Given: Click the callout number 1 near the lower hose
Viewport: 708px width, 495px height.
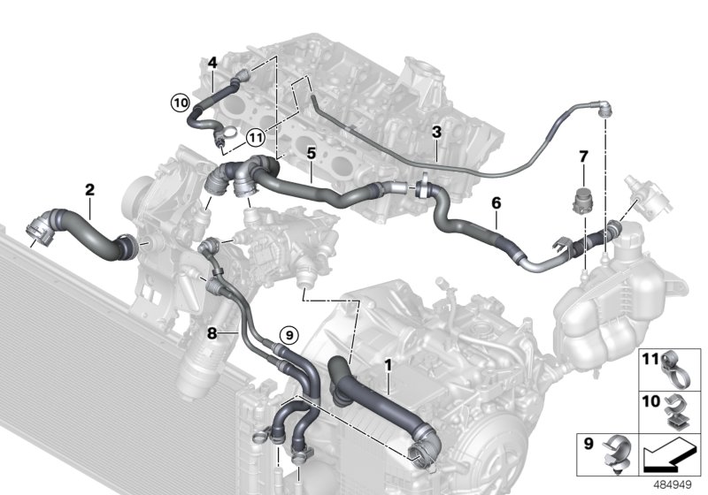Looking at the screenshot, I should click(388, 362).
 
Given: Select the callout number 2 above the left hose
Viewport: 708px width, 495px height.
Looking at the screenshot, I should click(89, 188).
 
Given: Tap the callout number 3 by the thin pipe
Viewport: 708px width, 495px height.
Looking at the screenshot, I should click(436, 133).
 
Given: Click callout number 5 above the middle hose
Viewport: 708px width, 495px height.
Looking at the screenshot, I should click(311, 154).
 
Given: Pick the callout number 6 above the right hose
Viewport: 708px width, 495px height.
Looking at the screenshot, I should click(496, 203).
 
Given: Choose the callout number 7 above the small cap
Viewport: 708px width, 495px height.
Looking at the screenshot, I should click(582, 157).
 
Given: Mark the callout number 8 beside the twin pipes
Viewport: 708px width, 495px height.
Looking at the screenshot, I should click(211, 333).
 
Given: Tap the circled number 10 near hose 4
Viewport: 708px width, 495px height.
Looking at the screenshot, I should click(181, 103).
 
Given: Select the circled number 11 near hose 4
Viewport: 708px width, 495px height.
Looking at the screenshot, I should click(255, 137).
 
